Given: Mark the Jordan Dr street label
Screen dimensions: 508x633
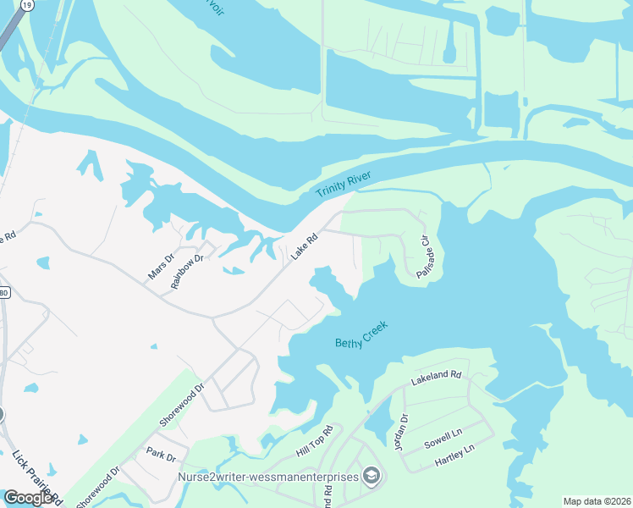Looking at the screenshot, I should (x=403, y=430).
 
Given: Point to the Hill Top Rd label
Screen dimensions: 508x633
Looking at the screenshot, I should (x=316, y=442).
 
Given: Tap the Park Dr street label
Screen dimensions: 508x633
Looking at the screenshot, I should (x=160, y=456).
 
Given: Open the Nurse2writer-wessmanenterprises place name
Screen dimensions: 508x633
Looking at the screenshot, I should (x=267, y=477).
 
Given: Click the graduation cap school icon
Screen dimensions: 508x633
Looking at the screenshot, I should (x=371, y=477).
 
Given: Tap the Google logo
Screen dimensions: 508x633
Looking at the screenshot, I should (x=28, y=498).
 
